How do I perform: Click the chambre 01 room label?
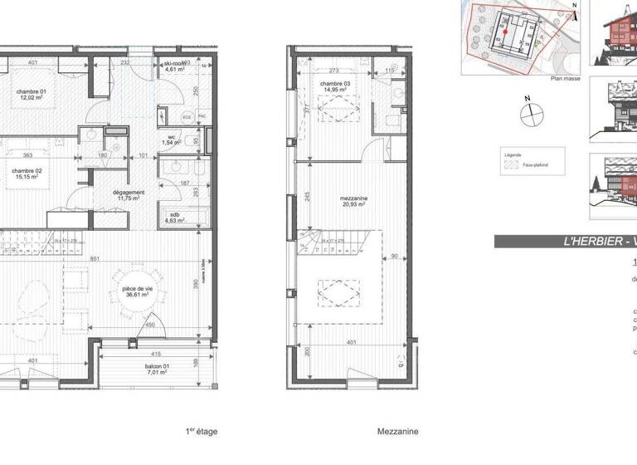33,92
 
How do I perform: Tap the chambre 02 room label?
27,172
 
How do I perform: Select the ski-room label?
174,66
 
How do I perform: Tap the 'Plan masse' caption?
566,79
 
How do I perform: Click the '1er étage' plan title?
201,432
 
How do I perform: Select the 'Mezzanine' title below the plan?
397,432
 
